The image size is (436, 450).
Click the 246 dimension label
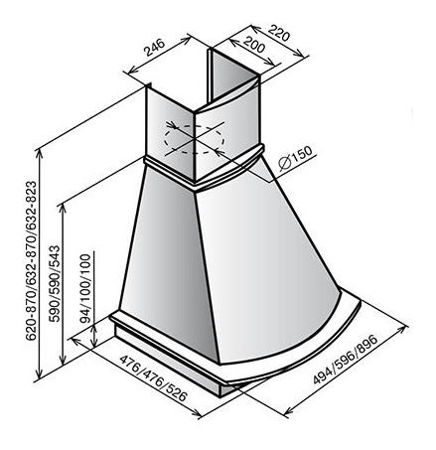tap(154, 48)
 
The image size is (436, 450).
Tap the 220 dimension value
tap(279, 33)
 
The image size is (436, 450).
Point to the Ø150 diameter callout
tap(295, 158)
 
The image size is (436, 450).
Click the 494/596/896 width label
tap(346, 360)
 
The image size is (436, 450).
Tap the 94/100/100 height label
tap(85, 288)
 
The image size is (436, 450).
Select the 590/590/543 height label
tap(55, 283)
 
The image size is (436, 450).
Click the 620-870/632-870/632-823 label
tap(31, 260)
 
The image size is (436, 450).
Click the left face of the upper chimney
tap(170, 132)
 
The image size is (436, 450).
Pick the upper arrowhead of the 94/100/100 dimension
tap(94, 327)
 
